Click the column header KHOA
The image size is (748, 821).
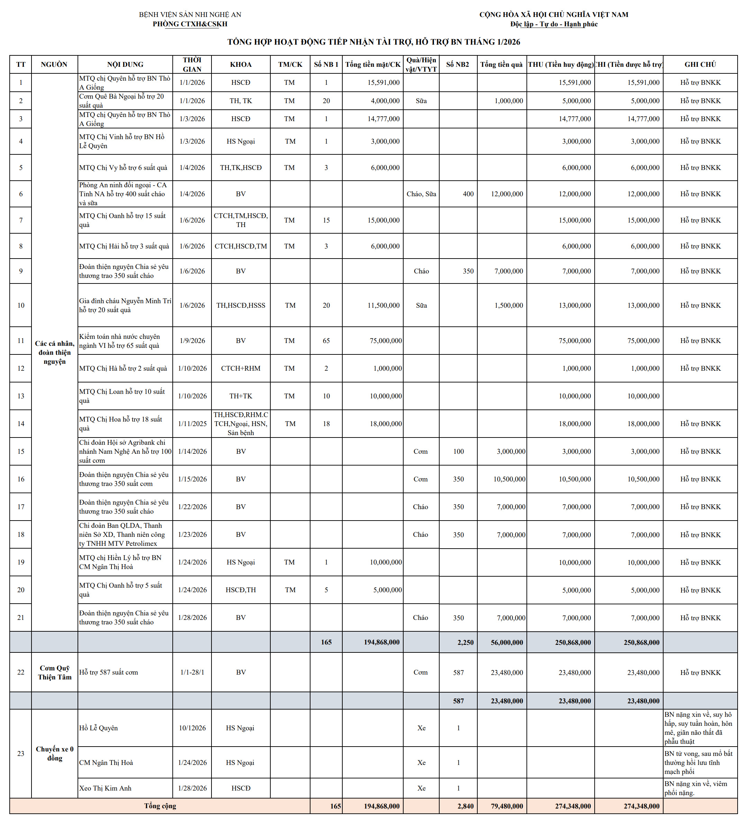tap(241, 64)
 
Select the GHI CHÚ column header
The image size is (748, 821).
tap(700, 64)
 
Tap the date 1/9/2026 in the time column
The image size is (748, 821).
tap(192, 341)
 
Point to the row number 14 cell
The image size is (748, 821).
tap(21, 424)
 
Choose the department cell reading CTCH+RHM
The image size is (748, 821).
tap(241, 368)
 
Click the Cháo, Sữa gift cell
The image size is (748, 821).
tap(421, 194)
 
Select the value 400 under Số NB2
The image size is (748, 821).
tap(468, 194)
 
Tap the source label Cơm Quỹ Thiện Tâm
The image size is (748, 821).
tap(55, 673)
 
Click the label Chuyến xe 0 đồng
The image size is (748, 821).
tap(55, 754)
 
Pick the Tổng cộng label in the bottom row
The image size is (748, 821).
tap(160, 806)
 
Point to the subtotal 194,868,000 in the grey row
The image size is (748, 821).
tap(381, 642)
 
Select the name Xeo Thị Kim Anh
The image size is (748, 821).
tap(106, 788)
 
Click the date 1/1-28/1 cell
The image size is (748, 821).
tap(192, 673)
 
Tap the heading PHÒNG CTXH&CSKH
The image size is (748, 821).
tap(190, 24)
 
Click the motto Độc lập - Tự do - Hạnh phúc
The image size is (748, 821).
tap(554, 24)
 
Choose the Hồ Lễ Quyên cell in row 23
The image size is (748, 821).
tap(99, 728)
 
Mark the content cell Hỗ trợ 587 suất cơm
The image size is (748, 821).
tap(109, 673)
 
